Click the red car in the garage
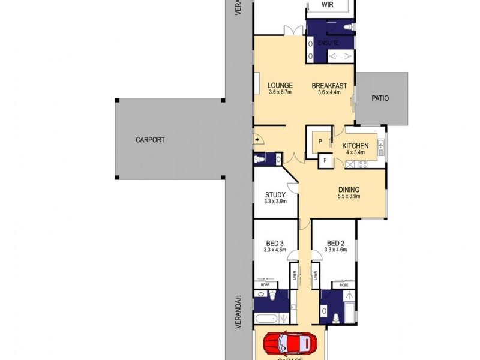pos(290,344)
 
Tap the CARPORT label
pos(149,140)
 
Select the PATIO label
pos(380,98)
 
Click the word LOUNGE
pos(279,86)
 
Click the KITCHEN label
pos(355,146)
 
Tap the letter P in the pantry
pos(320,142)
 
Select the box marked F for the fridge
pos(325,160)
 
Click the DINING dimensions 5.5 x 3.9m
pos(348,196)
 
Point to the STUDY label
pos(275,194)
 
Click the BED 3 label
pos(274,243)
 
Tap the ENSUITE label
pos(328,43)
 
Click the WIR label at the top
pos(327,4)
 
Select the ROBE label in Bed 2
pos(344,285)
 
